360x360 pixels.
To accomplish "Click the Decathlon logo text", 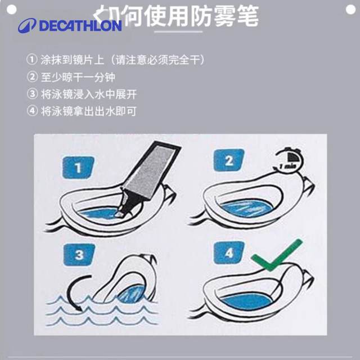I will coord(80,26).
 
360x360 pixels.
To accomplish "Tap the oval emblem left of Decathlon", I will coord(27,26).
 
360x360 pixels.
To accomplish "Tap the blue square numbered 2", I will coord(228,160).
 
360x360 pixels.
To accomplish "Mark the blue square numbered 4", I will coord(228,253).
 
